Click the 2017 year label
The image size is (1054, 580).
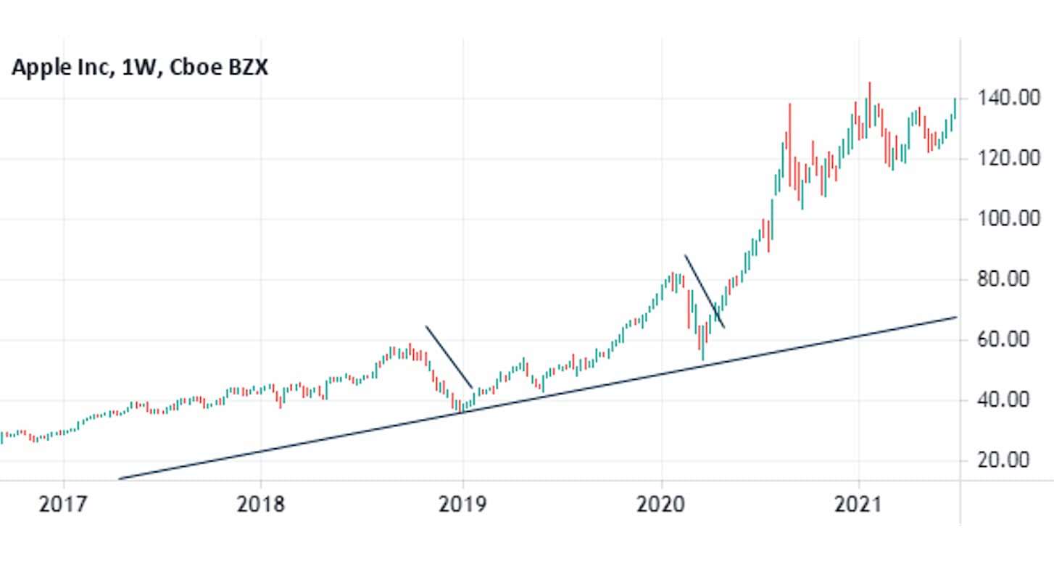63,504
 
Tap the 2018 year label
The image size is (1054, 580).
261,504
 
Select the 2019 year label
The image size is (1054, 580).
462,504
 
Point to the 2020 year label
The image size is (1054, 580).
660,504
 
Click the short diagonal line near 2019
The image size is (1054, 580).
449,357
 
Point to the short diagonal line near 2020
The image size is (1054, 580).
704,291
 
